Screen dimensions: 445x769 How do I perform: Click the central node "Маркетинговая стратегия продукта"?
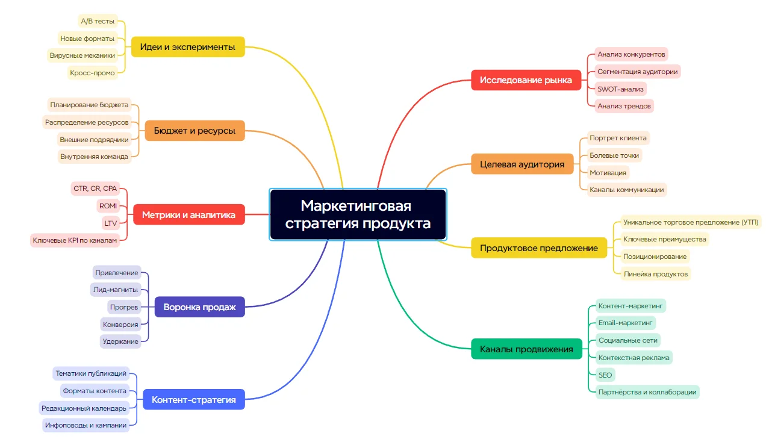pyautogui.click(x=358, y=215)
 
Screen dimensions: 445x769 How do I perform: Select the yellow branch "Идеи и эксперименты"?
pyautogui.click(x=187, y=47)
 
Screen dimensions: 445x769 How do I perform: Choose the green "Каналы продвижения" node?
pyautogui.click(x=526, y=349)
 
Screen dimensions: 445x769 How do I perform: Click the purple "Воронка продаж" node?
pyautogui.click(x=199, y=307)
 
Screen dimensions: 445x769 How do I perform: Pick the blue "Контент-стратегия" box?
pyautogui.click(x=193, y=399)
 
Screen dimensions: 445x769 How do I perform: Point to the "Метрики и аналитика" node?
pyautogui.click(x=188, y=214)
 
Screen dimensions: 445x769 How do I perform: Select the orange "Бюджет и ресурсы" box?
pyautogui.click(x=195, y=130)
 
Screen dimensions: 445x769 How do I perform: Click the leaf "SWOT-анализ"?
pyautogui.click(x=620, y=89)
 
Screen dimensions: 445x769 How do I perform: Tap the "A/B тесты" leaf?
pyautogui.click(x=98, y=21)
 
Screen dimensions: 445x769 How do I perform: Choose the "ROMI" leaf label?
pyautogui.click(x=108, y=206)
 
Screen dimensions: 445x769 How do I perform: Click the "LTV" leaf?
pyautogui.click(x=111, y=223)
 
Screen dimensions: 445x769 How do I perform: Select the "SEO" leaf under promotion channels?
pyautogui.click(x=605, y=375)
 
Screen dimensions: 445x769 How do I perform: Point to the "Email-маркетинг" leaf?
pyautogui.click(x=625, y=323)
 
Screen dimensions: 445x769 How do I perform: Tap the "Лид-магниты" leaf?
pyautogui.click(x=116, y=290)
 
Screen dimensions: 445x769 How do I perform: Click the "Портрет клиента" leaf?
pyautogui.click(x=618, y=138)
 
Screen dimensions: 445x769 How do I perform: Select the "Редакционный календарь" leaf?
pyautogui.click(x=84, y=408)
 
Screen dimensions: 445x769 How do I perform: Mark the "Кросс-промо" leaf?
pyautogui.click(x=92, y=73)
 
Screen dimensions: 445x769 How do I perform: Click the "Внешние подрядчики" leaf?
pyautogui.click(x=94, y=139)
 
